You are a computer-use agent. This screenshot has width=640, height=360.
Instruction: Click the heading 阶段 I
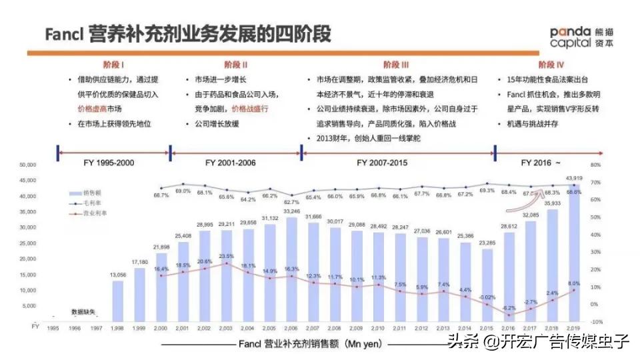tap(115, 65)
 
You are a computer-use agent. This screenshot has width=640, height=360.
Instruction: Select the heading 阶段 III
tap(396, 65)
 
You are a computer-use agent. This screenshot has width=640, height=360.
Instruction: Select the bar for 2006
tap(292, 267)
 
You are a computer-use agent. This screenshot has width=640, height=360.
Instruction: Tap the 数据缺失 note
tap(83, 312)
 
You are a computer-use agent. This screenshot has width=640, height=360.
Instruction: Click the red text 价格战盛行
tap(250, 108)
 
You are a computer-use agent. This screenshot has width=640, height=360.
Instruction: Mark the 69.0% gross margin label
tap(183, 191)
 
